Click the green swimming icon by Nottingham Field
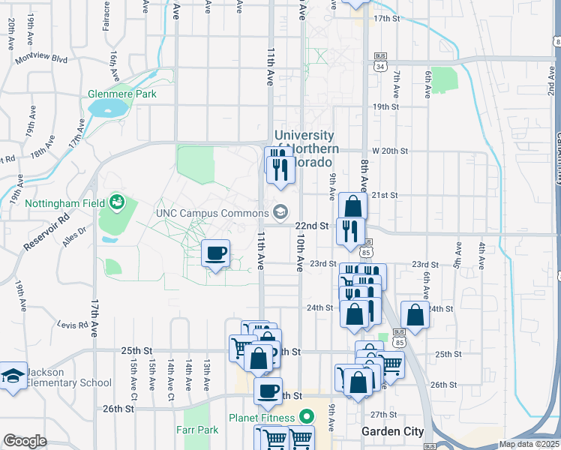117,202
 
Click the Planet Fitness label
262,415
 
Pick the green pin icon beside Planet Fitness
305,415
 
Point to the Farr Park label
197,430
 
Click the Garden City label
392,431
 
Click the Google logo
25,441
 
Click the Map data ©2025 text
528,444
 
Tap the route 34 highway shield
380,67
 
